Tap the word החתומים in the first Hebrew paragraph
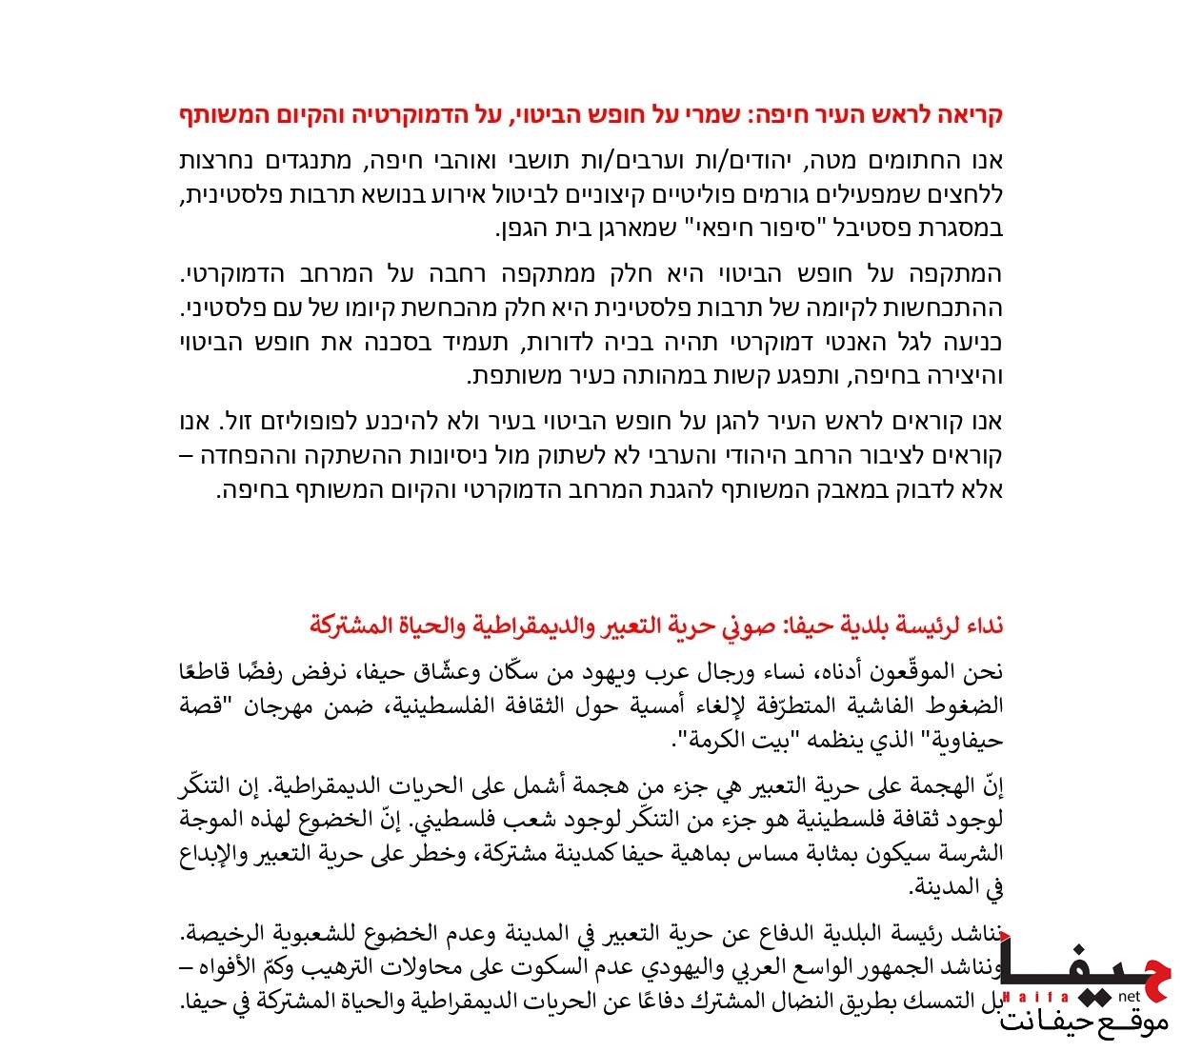coord(920,160)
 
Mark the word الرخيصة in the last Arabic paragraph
coord(228,934)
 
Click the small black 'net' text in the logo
coord(1129,997)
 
